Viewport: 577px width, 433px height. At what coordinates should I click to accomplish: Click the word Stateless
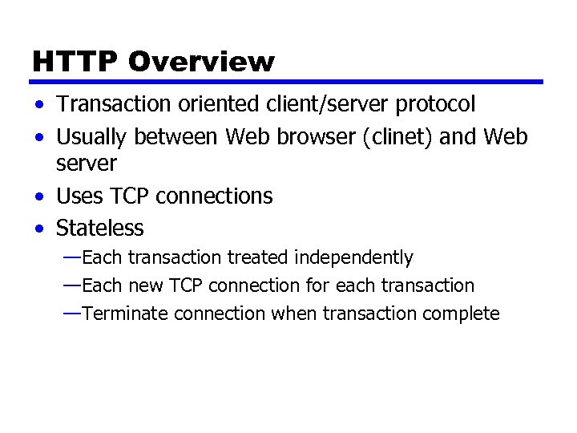point(99,229)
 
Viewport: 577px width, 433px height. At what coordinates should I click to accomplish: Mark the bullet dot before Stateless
point(39,229)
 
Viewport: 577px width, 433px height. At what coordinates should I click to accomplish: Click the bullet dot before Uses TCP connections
point(39,196)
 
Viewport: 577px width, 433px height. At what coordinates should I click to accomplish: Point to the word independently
point(353,258)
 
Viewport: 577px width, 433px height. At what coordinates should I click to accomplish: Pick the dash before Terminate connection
point(71,313)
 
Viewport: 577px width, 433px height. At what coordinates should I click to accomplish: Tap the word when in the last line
point(293,314)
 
